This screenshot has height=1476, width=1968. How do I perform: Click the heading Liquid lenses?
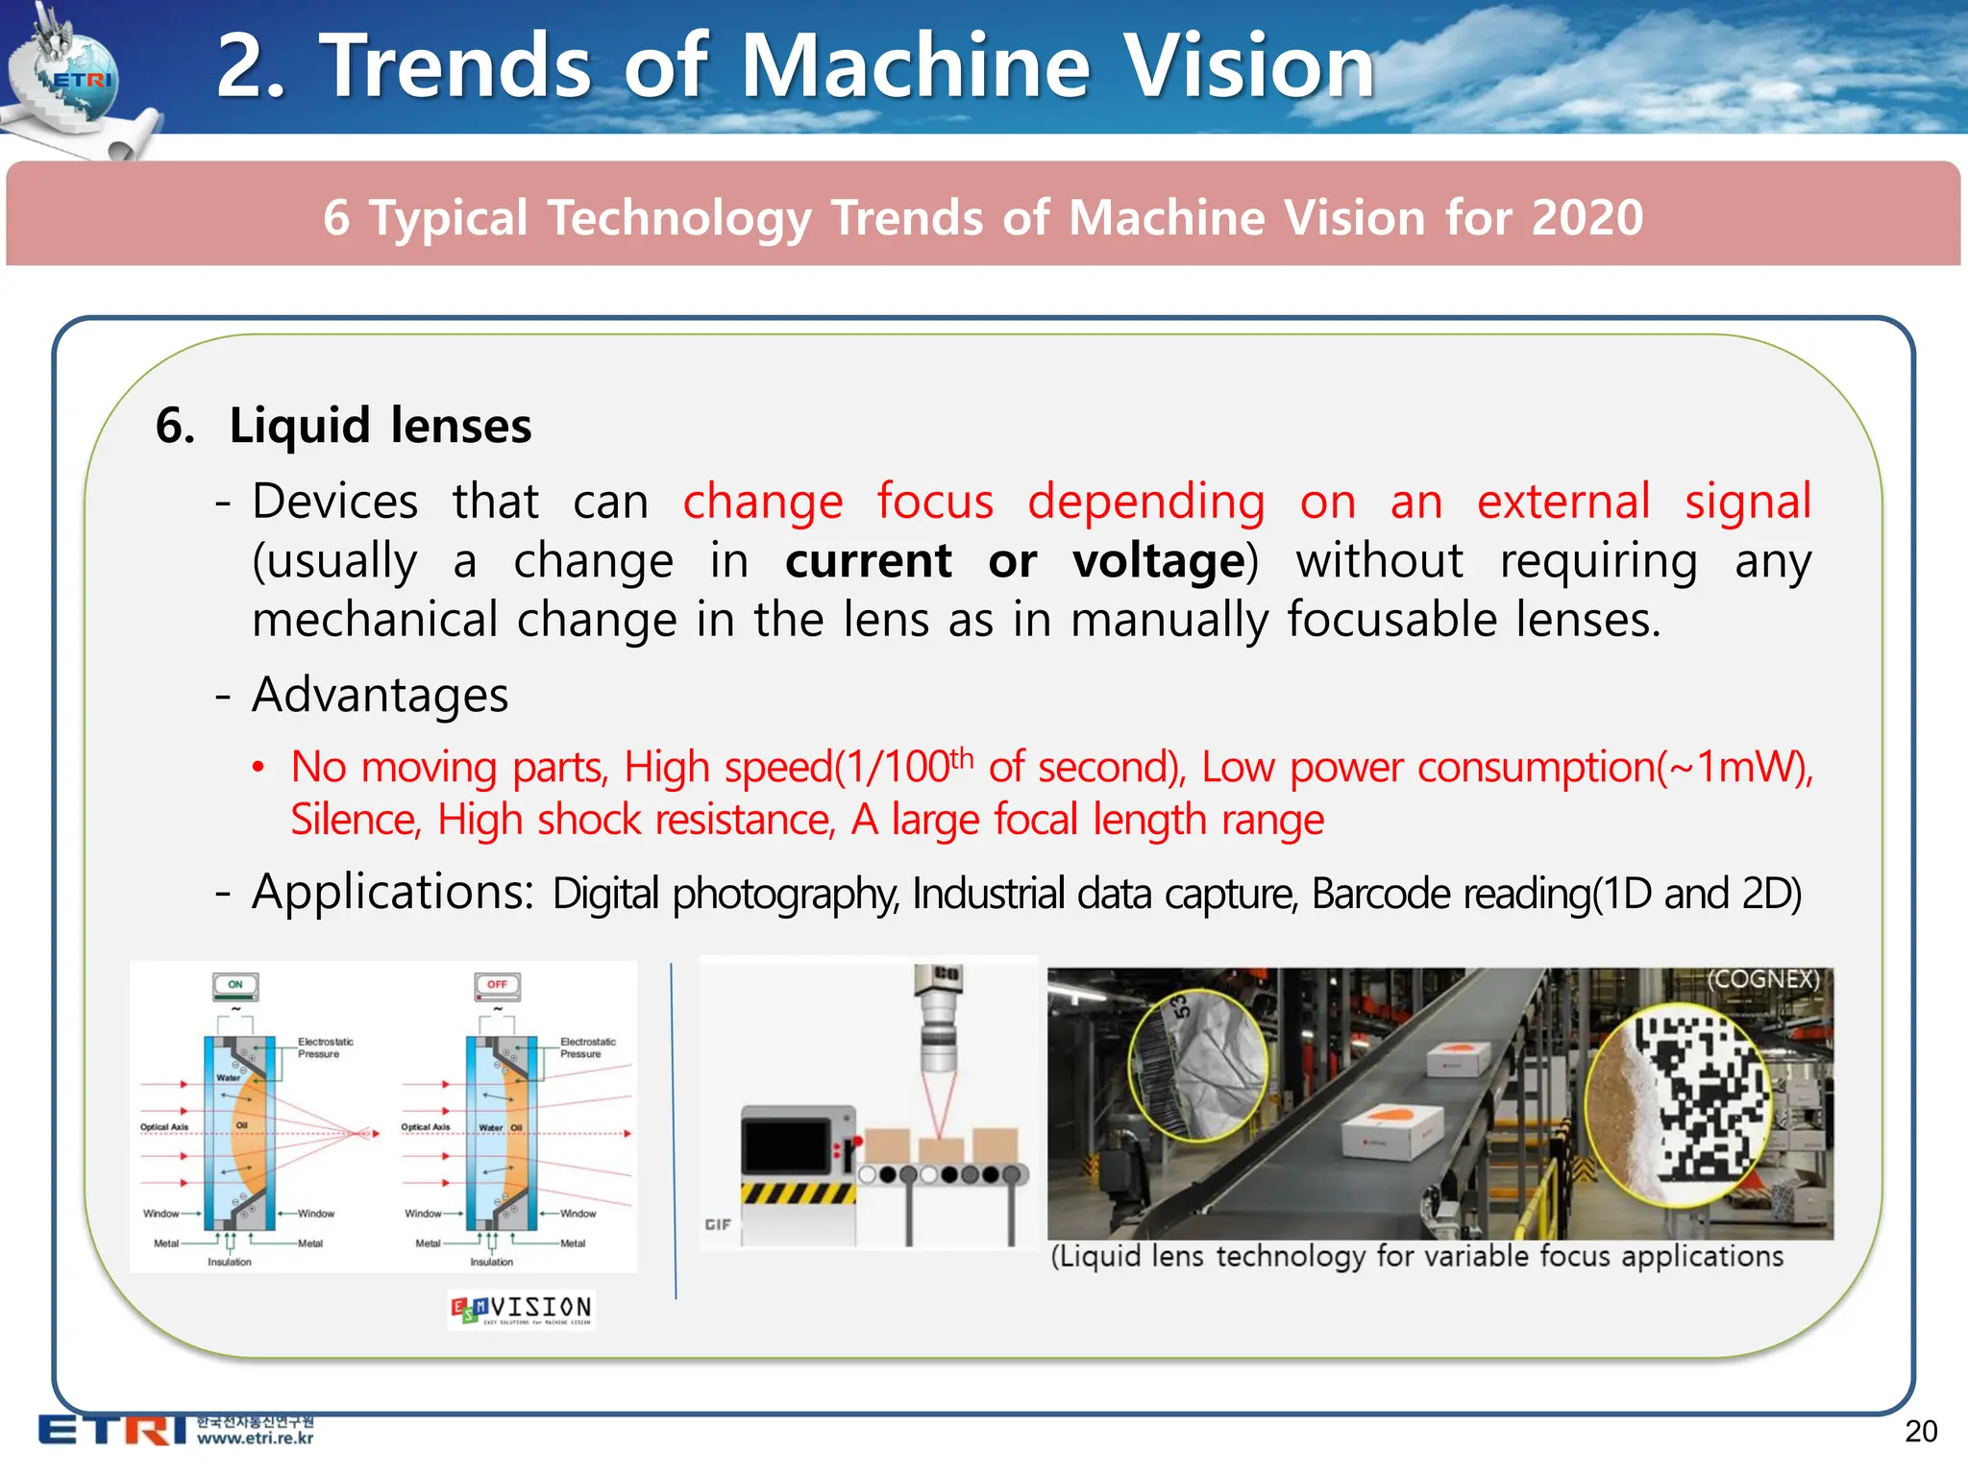coord(380,426)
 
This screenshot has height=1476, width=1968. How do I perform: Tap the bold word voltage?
coord(1159,561)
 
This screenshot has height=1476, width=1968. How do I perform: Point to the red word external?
coord(1562,502)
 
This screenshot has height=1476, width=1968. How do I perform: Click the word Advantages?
coord(380,695)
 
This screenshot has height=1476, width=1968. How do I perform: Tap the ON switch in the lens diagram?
coord(235,985)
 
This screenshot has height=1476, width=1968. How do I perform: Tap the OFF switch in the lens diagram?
coord(497,985)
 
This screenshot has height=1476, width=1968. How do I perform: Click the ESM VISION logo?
coord(522,1309)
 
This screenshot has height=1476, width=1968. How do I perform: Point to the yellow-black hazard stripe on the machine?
coord(797,1193)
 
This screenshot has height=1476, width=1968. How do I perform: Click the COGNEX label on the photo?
coord(1762,979)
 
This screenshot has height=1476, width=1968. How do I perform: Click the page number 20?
coord(1920,1431)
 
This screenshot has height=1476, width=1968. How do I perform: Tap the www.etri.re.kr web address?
coord(255,1439)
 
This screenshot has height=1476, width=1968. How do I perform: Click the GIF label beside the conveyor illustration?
coord(718,1224)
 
